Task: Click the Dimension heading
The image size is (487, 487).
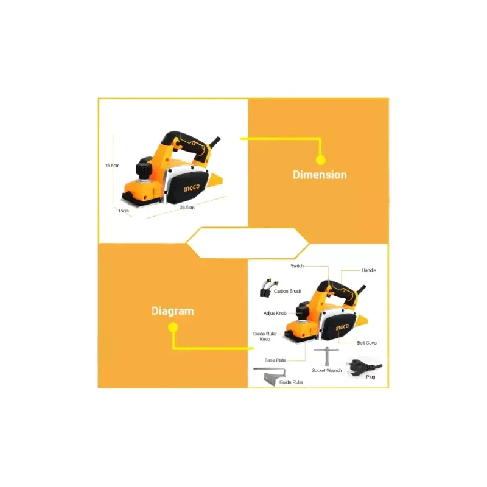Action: point(320,175)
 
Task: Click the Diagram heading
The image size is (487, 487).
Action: point(173,311)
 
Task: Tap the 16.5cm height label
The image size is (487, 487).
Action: point(112,166)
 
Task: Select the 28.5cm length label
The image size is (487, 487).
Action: point(187,207)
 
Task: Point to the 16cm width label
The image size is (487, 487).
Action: point(124,211)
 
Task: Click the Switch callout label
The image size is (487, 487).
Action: point(297,266)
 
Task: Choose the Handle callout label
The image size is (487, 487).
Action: point(369,270)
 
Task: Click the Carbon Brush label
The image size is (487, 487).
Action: point(287,292)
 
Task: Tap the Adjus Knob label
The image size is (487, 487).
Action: point(275,313)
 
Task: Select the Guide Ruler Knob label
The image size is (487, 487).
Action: point(265,337)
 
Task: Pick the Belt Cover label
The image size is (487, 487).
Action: point(368,343)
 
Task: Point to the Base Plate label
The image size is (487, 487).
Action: point(275,360)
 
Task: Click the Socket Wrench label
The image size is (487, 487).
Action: point(327,371)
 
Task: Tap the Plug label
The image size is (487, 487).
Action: point(371,377)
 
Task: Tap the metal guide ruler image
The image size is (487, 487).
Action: point(270,376)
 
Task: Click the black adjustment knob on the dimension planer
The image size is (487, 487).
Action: point(144,169)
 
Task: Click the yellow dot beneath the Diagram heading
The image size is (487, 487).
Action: point(173,328)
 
